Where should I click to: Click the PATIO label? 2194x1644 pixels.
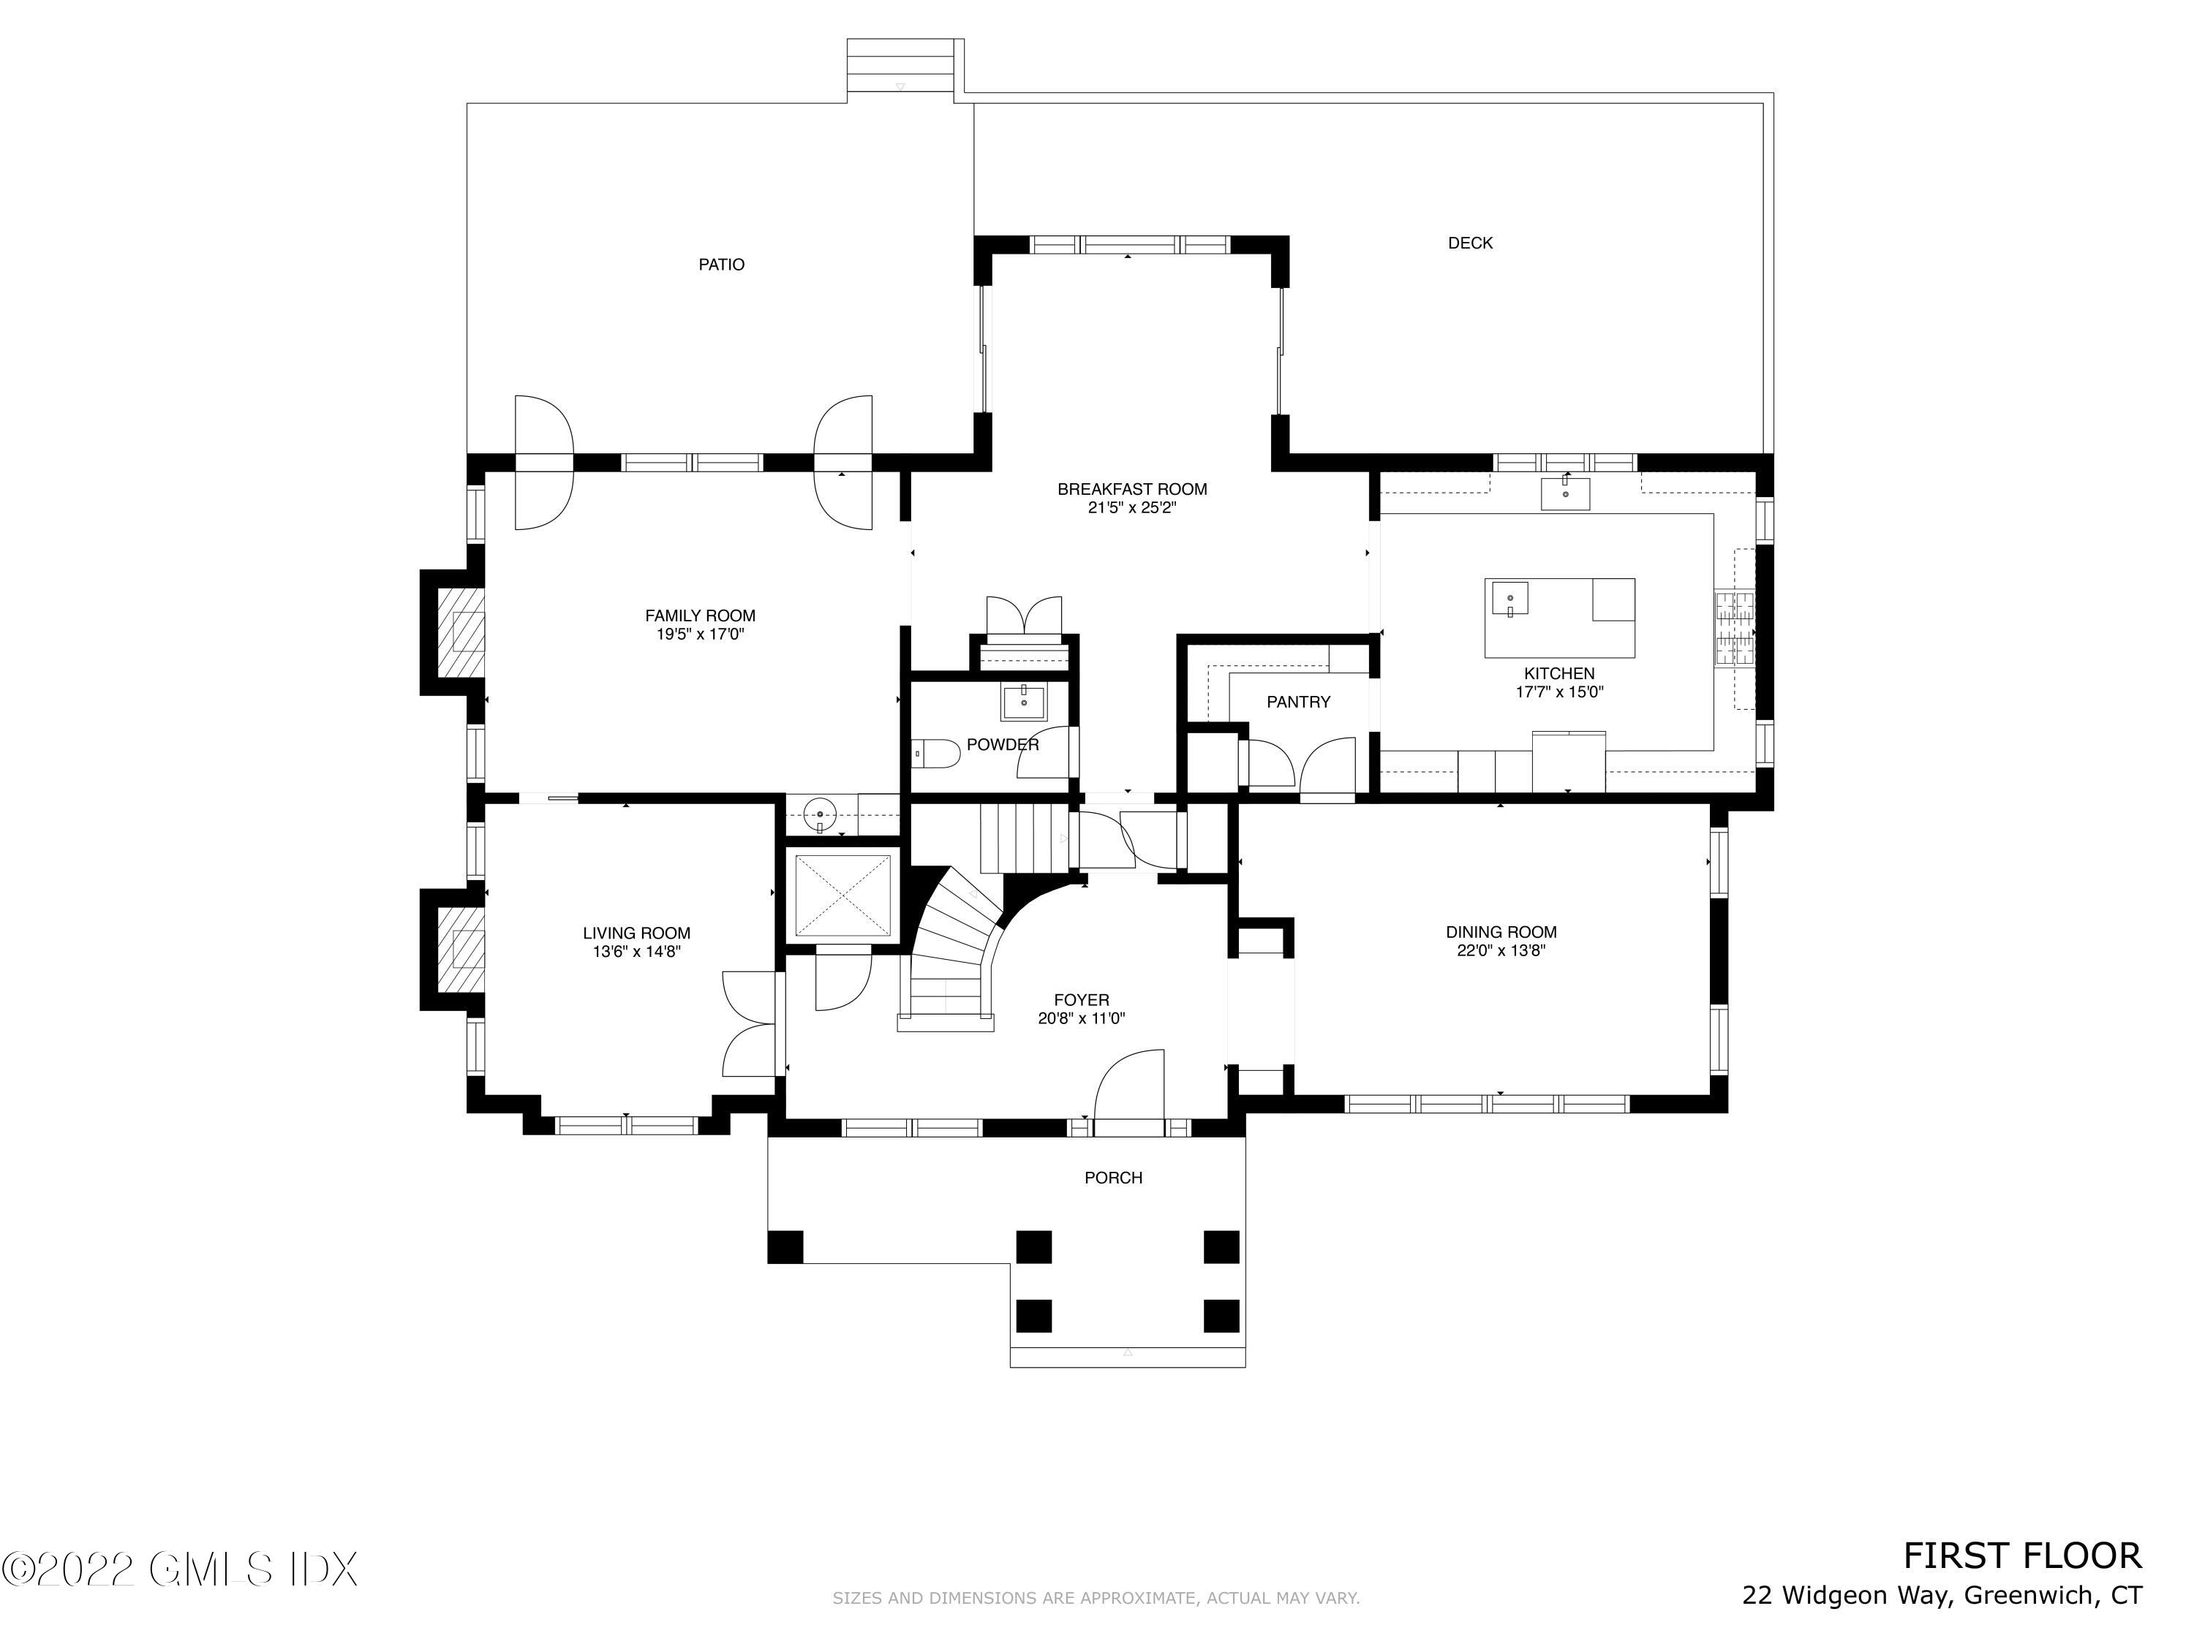coord(721,265)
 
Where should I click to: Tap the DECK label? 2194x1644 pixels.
coord(1470,243)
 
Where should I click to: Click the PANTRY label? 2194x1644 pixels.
coord(1298,702)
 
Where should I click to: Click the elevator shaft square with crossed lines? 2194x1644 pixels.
coord(842,896)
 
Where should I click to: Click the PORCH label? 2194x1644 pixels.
coord(1113,1178)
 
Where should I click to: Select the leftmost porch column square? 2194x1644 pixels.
coord(785,1246)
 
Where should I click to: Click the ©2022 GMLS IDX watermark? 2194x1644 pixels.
coord(178,1569)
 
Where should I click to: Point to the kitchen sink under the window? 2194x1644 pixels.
coord(1564,493)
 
